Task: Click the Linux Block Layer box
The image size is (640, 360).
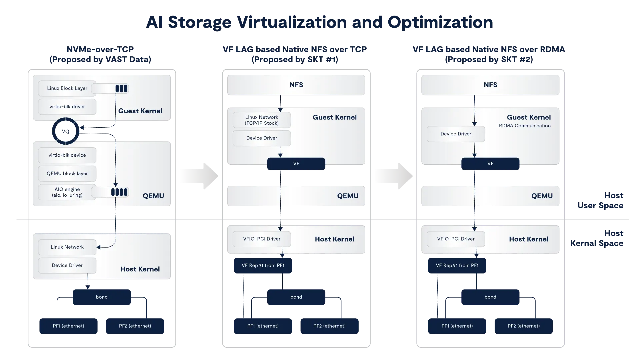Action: point(67,88)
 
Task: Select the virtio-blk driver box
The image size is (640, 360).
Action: point(67,107)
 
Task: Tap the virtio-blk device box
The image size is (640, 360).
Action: point(67,155)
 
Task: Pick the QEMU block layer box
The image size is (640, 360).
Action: point(67,174)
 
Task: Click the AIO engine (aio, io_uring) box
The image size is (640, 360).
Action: point(67,192)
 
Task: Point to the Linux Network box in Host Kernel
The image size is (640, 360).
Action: point(67,247)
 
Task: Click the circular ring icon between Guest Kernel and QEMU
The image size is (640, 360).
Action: point(66,131)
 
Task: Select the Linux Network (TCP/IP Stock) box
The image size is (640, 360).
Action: point(262,120)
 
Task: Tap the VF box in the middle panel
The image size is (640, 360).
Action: point(296,164)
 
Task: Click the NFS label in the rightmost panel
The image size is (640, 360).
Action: point(490,85)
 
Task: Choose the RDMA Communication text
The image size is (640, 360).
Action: point(525,126)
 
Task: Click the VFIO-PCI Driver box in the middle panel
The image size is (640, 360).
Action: point(262,239)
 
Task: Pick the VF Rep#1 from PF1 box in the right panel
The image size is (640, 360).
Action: point(457,265)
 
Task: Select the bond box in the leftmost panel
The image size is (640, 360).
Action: point(102,297)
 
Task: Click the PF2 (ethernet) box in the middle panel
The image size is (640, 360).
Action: point(329,326)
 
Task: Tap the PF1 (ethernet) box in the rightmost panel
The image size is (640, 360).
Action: point(457,326)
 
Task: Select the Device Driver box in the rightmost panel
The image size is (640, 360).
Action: point(456,134)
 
